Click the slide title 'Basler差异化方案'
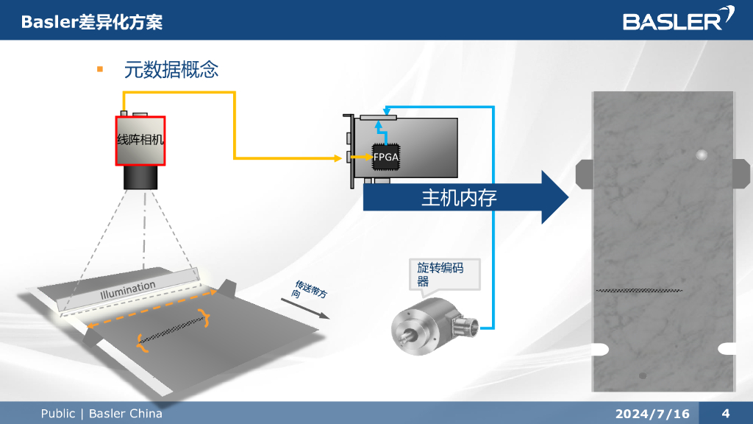(x=92, y=22)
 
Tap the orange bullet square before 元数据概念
(x=100, y=69)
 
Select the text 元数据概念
(x=171, y=70)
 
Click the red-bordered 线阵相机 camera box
(x=140, y=140)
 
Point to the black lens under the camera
(x=140, y=177)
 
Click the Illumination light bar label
(x=128, y=290)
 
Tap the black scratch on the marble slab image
(x=638, y=291)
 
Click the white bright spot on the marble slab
(x=701, y=155)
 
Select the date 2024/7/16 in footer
(x=653, y=414)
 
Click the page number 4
(x=726, y=413)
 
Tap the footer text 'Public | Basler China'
(x=101, y=414)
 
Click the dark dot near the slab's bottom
(x=642, y=375)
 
